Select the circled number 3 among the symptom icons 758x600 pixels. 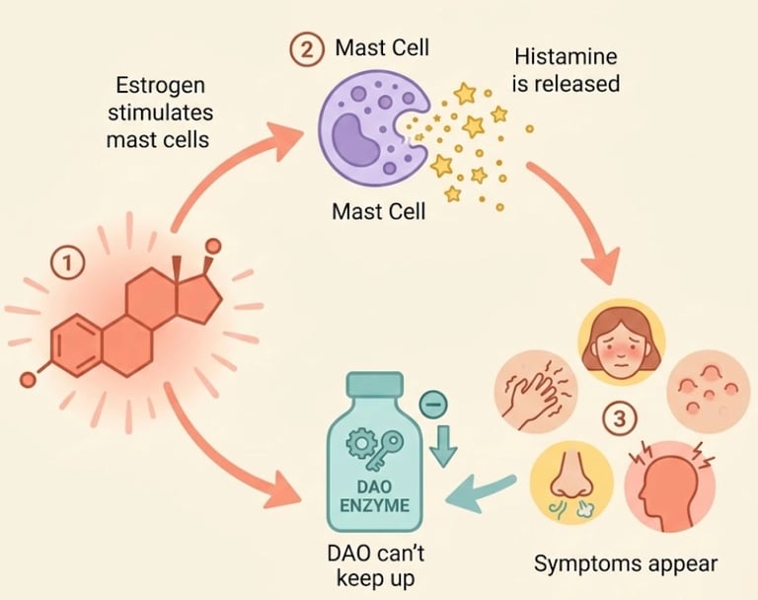pos(619,419)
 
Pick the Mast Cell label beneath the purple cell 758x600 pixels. pos(378,211)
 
